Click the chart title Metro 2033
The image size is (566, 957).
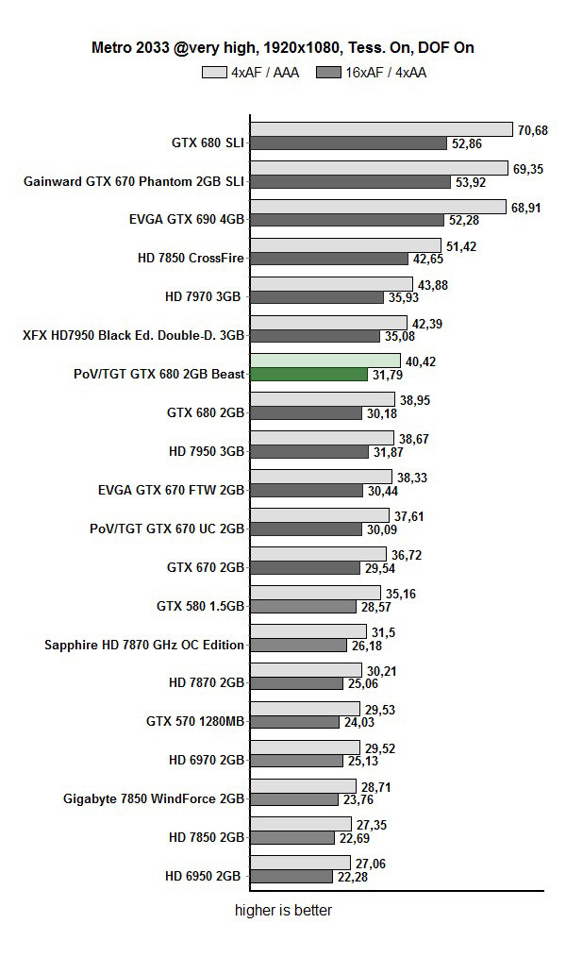pos(282,46)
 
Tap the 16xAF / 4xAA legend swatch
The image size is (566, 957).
pos(329,72)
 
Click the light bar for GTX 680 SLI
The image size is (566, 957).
pos(381,129)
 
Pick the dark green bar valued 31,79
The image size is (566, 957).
pos(308,375)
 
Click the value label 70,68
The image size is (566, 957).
pos(533,130)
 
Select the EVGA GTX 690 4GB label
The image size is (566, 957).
pos(187,219)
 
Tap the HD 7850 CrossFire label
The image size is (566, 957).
pos(191,258)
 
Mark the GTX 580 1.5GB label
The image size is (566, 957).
pos(200,606)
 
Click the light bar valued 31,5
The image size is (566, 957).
pos(308,631)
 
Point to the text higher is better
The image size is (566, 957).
pos(283,911)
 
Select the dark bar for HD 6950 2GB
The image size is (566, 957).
pos(291,877)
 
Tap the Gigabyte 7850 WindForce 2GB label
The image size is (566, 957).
pos(154,798)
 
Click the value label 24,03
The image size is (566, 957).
pos(358,722)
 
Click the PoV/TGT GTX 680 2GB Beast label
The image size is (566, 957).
pos(159,374)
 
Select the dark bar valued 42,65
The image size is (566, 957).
pos(322,259)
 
